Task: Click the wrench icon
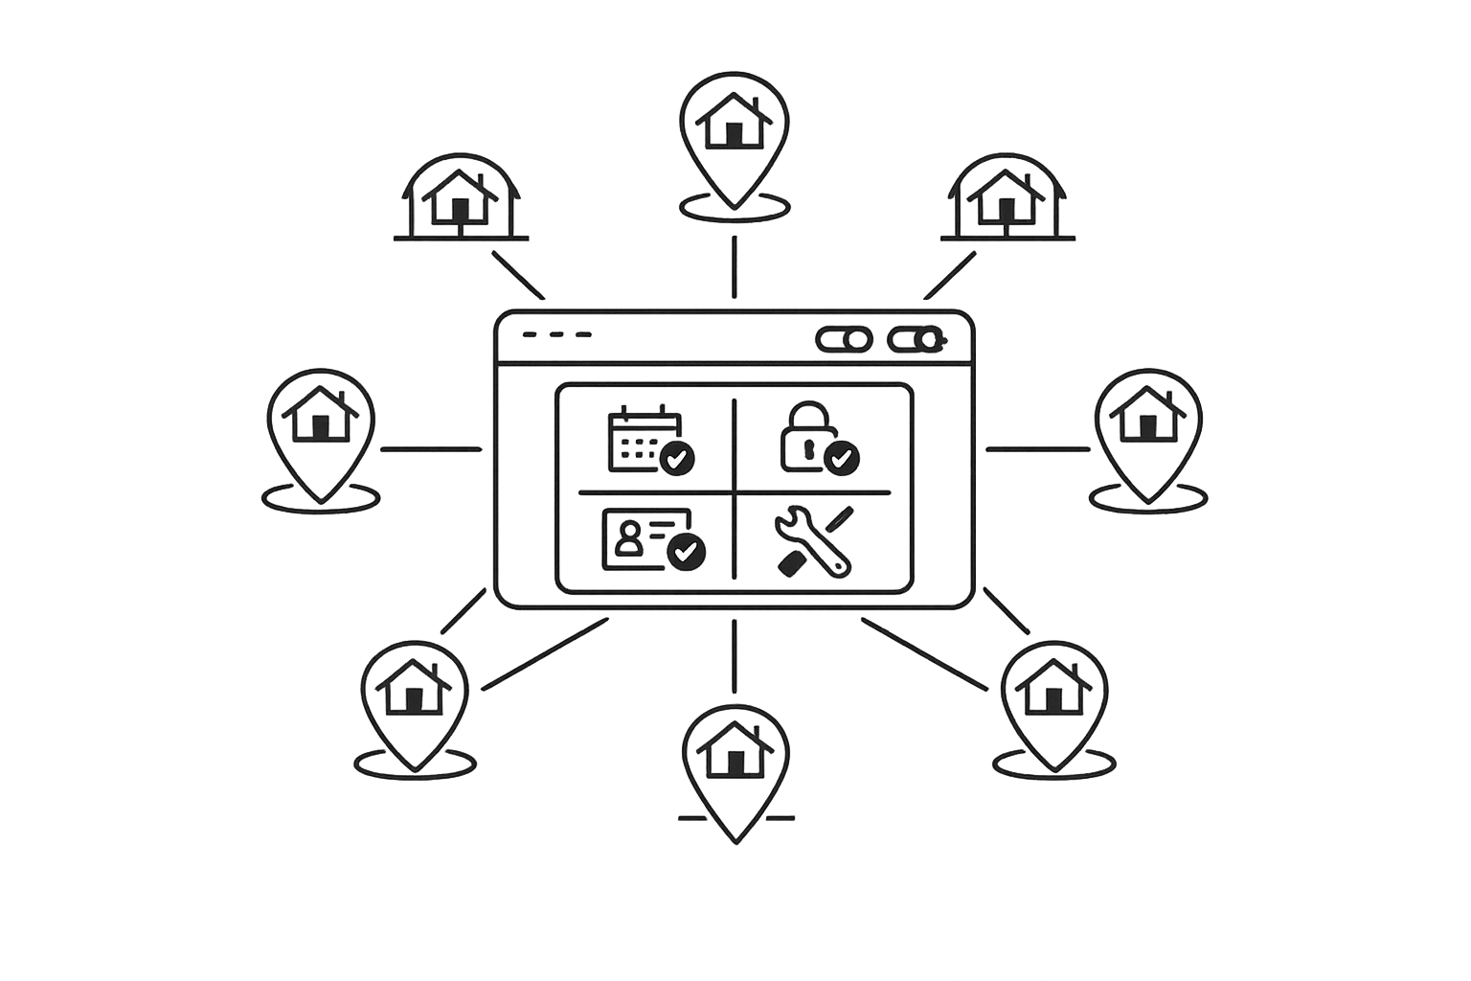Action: pos(812,542)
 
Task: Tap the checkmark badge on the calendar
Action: pos(679,459)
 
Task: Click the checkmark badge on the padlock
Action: pos(843,459)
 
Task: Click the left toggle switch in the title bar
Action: pos(844,339)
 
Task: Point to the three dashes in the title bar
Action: pos(556,334)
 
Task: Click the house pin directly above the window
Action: pos(735,134)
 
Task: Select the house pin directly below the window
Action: pos(735,766)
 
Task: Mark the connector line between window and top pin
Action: pos(735,268)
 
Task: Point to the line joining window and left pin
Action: pos(431,448)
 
